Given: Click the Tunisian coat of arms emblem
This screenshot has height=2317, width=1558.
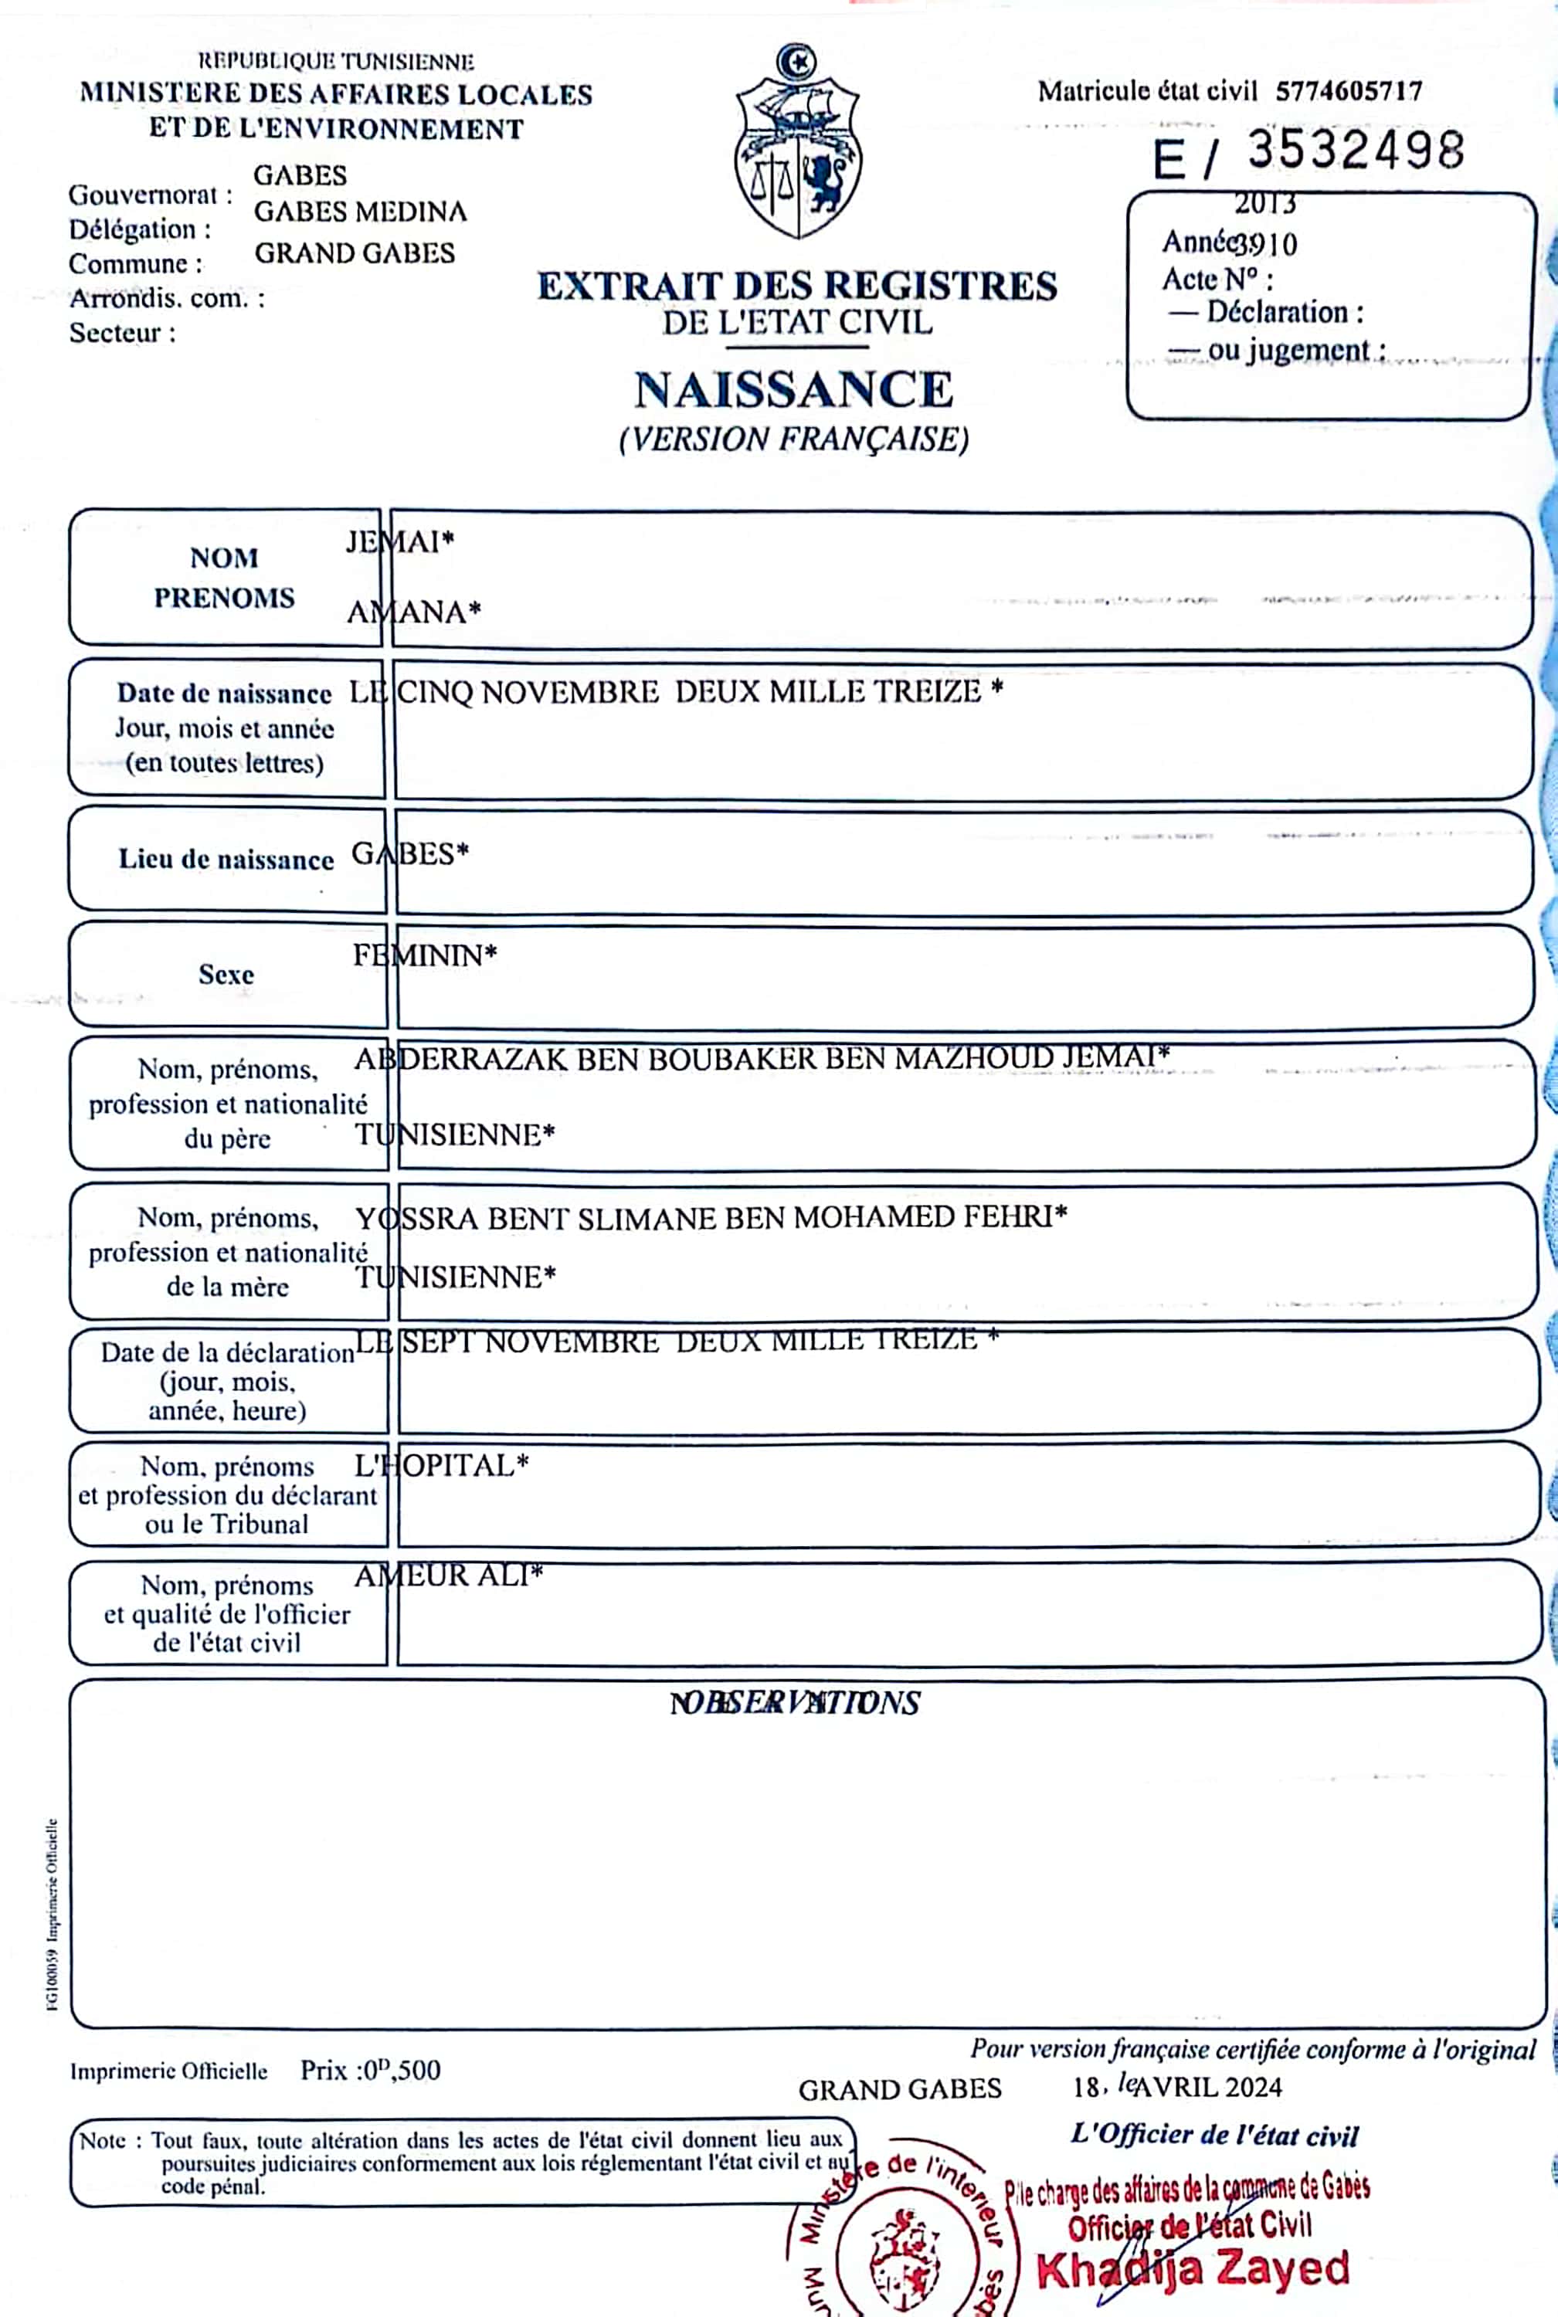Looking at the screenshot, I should (x=797, y=142).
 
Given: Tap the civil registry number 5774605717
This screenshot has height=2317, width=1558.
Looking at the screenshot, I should (x=1349, y=91).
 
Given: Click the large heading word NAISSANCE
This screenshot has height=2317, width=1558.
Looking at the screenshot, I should (x=794, y=389).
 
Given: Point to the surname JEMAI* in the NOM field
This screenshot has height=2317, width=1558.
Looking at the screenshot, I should (x=399, y=541).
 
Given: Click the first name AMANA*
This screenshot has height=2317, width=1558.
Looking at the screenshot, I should (x=413, y=612).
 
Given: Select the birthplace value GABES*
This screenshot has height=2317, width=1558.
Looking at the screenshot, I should (x=410, y=854).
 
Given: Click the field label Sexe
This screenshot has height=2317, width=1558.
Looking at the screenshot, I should (x=226, y=975).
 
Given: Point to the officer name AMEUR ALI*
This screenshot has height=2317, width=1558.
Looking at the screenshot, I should (x=448, y=1576).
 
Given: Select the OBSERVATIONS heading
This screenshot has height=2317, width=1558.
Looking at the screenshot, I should (x=795, y=1703).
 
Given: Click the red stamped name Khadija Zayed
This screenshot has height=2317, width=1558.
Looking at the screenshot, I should (x=1193, y=2269).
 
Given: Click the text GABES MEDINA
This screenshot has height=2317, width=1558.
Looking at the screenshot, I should (x=360, y=212).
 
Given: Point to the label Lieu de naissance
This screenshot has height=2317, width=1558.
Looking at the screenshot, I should (x=226, y=860).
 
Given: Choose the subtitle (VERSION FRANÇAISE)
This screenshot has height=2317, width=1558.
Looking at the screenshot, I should (x=794, y=439).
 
